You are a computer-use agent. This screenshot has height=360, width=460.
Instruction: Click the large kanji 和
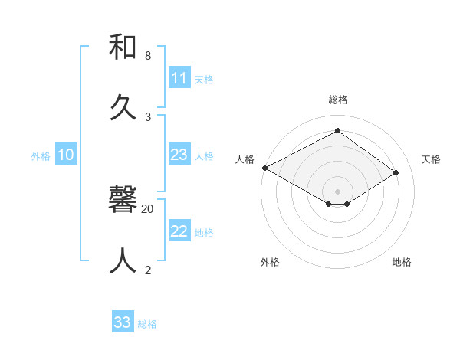[x=123, y=47]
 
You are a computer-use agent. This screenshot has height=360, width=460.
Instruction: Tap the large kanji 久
[x=123, y=107]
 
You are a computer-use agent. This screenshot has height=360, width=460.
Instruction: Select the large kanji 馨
[x=123, y=201]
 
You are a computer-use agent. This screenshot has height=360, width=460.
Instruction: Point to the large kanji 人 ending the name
[x=123, y=260]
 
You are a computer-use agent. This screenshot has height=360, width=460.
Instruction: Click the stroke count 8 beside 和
[x=148, y=56]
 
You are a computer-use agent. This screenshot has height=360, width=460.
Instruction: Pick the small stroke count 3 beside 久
[x=148, y=116]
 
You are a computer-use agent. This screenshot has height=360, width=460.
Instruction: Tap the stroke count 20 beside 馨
[x=148, y=208]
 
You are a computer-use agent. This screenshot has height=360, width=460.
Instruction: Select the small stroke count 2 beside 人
[x=148, y=270]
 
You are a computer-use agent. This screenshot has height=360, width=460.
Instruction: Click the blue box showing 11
[x=179, y=78]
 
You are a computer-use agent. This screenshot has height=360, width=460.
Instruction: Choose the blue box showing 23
[x=179, y=155]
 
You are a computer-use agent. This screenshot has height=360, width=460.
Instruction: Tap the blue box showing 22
[x=179, y=231]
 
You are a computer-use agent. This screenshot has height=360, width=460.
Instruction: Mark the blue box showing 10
[x=66, y=155]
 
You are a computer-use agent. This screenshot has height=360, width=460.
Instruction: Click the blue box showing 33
[x=122, y=322]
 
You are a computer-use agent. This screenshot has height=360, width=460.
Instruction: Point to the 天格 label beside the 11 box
[x=204, y=79]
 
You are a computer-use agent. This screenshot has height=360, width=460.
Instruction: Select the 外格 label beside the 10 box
[x=41, y=155]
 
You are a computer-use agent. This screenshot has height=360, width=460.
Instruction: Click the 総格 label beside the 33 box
[x=147, y=323]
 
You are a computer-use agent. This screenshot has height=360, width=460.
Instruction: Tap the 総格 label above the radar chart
[x=338, y=100]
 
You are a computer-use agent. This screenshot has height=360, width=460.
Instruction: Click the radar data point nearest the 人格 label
[x=264, y=168]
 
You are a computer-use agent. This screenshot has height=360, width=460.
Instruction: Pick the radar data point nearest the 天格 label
[x=396, y=172]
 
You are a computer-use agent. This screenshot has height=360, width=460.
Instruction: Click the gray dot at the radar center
[x=337, y=191]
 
